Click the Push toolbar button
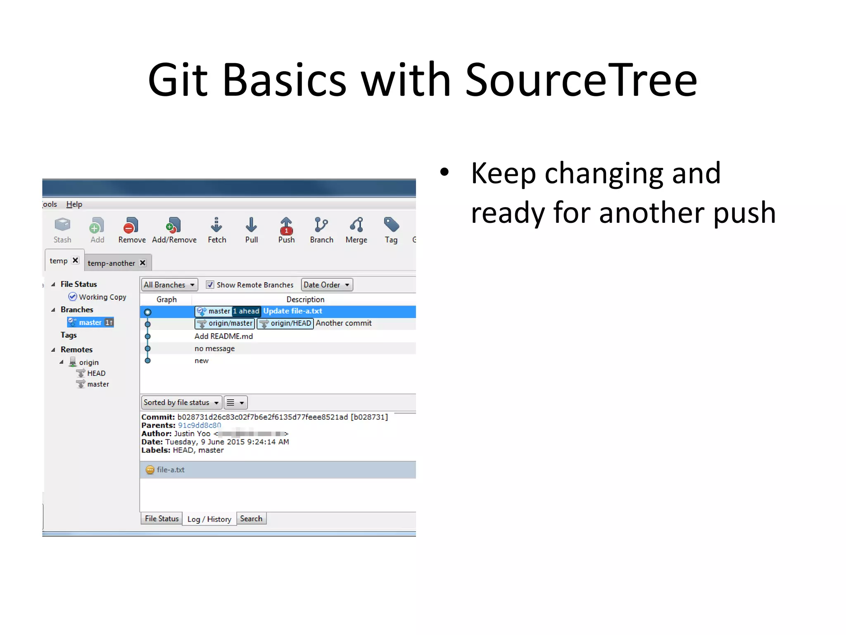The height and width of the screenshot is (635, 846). coord(286,229)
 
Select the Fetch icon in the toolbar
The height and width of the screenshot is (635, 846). coord(216,229)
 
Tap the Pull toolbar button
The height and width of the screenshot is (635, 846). coord(251,229)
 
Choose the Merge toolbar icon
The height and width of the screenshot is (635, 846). coord(356,229)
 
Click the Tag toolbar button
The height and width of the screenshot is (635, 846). coord(391,229)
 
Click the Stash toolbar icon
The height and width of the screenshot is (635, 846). coord(62,229)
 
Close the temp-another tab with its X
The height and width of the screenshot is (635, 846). coord(143,263)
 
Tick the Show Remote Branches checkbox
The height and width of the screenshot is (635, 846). coord(210,284)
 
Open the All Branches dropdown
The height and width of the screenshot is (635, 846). coord(169,284)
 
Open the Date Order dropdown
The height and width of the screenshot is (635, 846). coord(327,284)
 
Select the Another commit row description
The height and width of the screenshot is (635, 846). coord(343,323)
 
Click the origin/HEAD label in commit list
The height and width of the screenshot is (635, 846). coord(285,323)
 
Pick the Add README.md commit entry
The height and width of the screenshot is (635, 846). coord(223,336)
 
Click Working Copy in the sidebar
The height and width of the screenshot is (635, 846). coord(102,297)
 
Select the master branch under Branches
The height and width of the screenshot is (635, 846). coord(90,322)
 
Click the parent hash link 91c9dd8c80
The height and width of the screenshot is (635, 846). coord(199,425)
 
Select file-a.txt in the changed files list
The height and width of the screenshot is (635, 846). coord(170,470)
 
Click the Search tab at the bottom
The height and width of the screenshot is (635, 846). coord(251,518)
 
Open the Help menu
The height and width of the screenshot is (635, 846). coord(74,204)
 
